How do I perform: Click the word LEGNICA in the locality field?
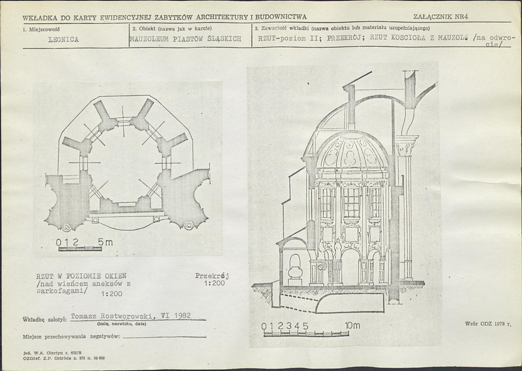coord(63,40)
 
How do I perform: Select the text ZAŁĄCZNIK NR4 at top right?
coord(441,17)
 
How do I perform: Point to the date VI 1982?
coord(176,315)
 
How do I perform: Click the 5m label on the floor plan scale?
coord(105,242)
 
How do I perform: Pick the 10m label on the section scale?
coord(353,325)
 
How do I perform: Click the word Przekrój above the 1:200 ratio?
coord(212,276)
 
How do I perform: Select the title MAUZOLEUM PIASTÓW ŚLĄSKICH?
coord(186,39)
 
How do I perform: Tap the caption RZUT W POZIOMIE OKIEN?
coord(81,276)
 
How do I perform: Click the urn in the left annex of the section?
coord(295,270)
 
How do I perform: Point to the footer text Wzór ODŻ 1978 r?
coord(488,324)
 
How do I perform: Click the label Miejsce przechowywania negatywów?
coord(71,337)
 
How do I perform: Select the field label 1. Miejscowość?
coord(41,29)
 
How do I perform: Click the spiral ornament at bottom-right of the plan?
coord(188,226)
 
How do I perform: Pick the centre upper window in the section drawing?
coord(352,202)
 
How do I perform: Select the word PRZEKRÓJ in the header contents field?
coord(345,38)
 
